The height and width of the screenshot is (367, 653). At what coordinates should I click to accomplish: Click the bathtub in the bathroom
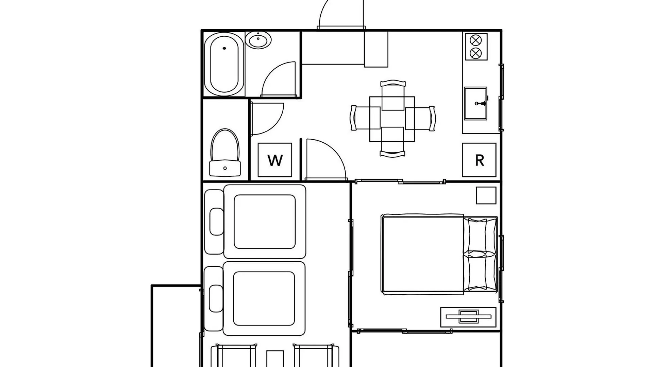click(224, 64)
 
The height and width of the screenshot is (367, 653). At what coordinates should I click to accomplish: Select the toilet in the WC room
click(225, 153)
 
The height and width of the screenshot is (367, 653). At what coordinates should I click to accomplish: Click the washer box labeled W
click(275, 160)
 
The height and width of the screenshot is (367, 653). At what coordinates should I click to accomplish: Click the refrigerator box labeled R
click(479, 160)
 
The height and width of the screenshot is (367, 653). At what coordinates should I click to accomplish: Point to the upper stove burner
click(475, 40)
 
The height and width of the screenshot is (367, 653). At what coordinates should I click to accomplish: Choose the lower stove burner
click(475, 53)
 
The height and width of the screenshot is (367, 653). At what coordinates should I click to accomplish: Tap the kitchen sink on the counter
click(476, 103)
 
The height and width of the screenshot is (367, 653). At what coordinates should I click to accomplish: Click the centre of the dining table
click(392, 119)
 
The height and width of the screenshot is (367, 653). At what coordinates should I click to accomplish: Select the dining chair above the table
click(393, 95)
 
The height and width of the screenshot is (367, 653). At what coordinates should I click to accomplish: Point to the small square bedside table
click(486, 195)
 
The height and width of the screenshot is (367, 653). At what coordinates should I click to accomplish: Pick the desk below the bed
click(468, 317)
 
